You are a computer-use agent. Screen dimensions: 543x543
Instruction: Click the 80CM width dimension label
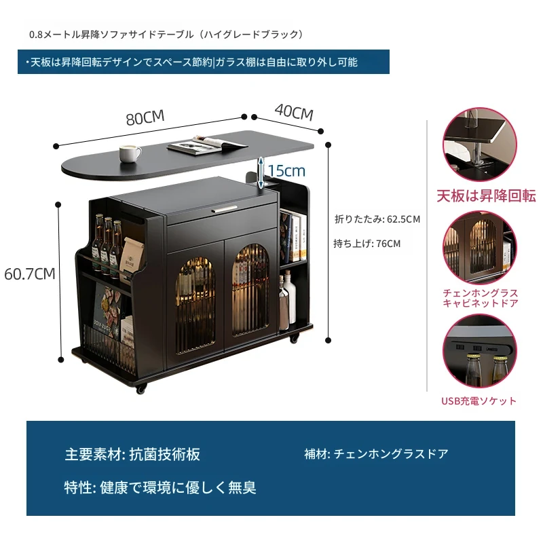[x=145, y=117]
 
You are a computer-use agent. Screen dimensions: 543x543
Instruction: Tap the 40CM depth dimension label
[x=294, y=112]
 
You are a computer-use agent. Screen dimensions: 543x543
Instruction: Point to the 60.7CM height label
[x=30, y=274]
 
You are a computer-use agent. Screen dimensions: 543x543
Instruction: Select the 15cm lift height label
[x=286, y=171]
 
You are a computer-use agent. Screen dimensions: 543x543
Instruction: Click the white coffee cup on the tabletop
[x=130, y=153]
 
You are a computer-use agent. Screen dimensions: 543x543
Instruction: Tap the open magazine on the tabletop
[x=207, y=145]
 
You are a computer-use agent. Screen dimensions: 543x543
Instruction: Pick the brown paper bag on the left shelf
[x=132, y=256]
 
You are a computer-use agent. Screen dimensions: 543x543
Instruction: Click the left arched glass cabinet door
[x=195, y=305]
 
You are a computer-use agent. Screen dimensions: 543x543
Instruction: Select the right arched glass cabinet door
[x=250, y=290]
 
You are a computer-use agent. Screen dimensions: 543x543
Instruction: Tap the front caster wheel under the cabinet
[x=141, y=389]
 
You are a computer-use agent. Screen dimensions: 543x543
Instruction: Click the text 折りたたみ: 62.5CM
[x=377, y=219]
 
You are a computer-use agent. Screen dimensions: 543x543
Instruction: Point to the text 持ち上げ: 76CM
[x=367, y=244]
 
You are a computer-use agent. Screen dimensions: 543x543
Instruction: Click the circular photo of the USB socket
[x=479, y=352]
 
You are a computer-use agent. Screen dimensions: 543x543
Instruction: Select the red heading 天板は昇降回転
[x=486, y=196]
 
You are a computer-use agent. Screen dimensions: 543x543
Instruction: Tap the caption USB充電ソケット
[x=479, y=401]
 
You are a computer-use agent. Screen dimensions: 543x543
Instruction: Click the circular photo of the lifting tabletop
[x=480, y=145]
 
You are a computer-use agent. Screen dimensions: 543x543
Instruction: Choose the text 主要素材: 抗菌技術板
[x=132, y=454]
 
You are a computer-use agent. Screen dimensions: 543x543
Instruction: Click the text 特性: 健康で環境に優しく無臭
[x=160, y=487]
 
